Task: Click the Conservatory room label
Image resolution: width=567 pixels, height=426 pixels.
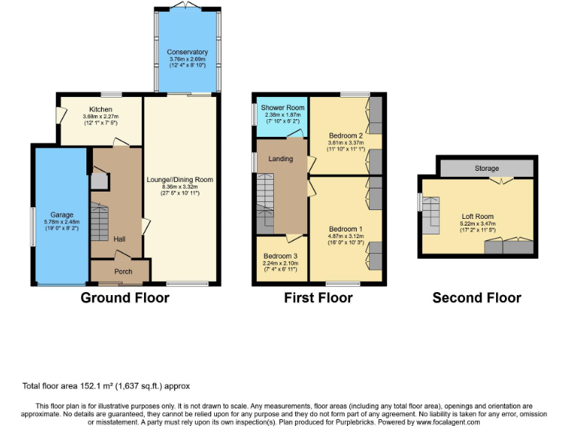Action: coord(188,53)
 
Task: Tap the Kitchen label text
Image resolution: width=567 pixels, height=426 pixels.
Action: coord(100,109)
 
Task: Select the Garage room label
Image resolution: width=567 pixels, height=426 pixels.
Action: coord(61,215)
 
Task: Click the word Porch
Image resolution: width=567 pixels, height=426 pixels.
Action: coord(123,271)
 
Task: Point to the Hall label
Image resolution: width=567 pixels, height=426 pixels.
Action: coord(120,239)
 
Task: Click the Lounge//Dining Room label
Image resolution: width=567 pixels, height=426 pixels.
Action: coord(179,180)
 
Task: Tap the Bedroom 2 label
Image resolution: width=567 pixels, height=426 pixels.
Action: coord(345,136)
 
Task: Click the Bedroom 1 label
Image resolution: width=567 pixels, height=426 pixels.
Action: coord(346,229)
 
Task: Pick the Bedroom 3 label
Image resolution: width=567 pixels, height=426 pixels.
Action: coord(280,255)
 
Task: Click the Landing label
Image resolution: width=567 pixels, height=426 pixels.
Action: coord(281,158)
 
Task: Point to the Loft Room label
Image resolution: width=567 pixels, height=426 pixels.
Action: coord(475,216)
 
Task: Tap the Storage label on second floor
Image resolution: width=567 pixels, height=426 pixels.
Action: coord(487,169)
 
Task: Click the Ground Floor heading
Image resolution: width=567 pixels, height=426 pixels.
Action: coord(125,298)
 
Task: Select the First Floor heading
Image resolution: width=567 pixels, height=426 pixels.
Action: coord(318,298)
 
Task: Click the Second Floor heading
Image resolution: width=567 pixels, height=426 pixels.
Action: coord(476,298)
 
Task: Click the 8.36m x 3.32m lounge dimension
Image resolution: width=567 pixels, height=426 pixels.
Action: coord(179,187)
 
